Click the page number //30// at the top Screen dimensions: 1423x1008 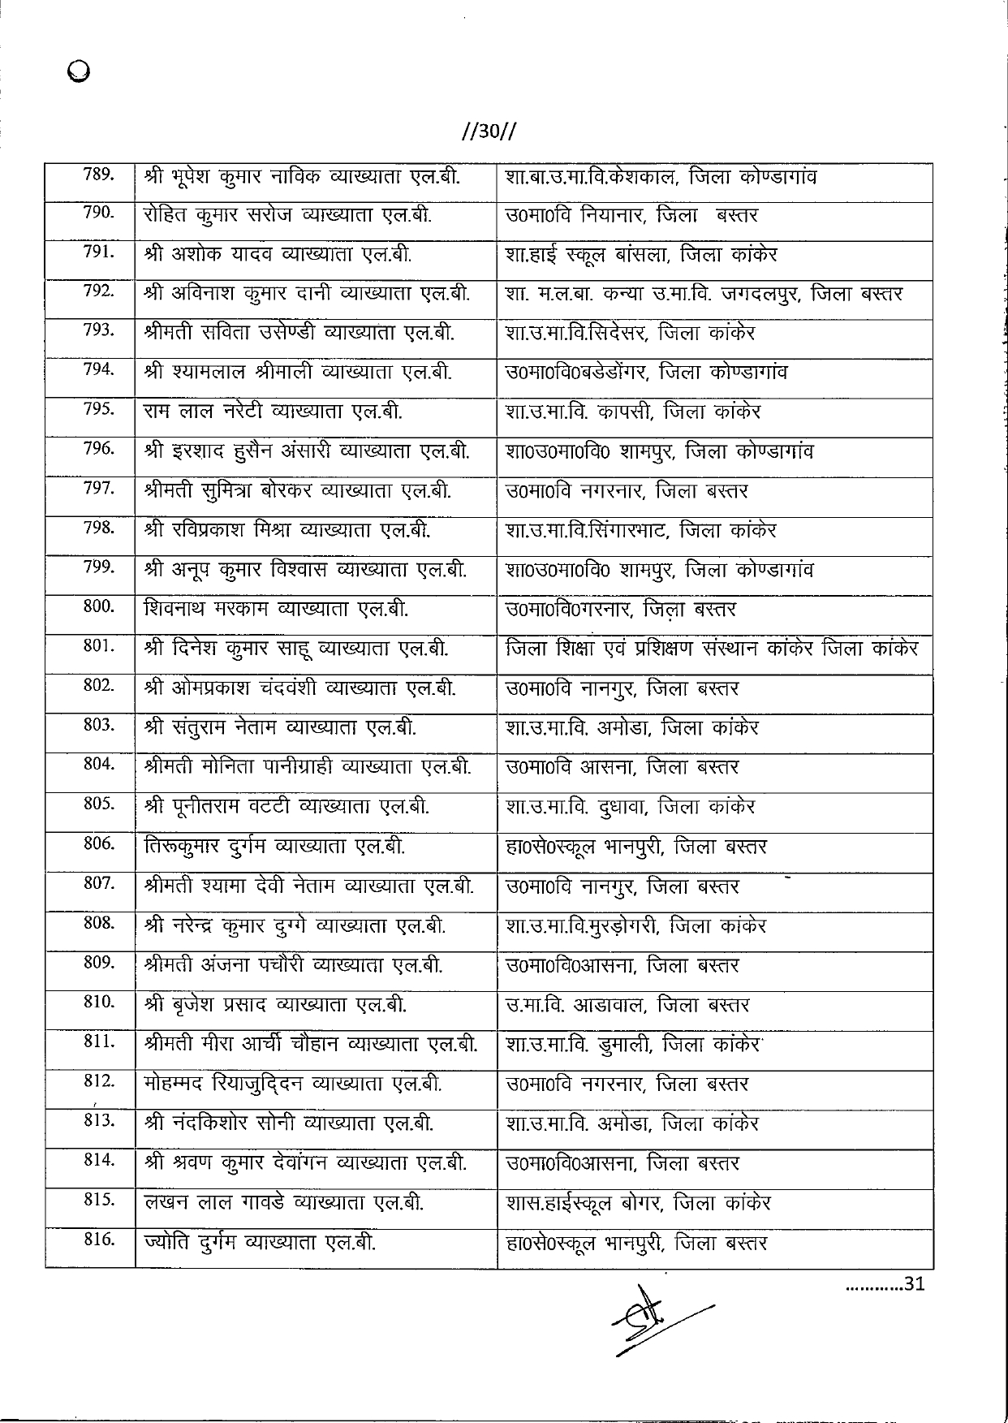pyautogui.click(x=489, y=132)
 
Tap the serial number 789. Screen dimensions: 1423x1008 pyautogui.click(x=98, y=174)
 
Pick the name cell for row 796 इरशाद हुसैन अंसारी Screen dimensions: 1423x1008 pyautogui.click(x=306, y=451)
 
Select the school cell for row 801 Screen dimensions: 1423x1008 pyautogui.click(x=711, y=649)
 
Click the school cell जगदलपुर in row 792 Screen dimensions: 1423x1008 pyautogui.click(x=703, y=294)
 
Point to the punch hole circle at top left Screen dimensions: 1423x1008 pyautogui.click(x=80, y=72)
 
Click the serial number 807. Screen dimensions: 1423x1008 pyautogui.click(x=98, y=882)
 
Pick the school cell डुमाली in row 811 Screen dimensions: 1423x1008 pyautogui.click(x=633, y=1045)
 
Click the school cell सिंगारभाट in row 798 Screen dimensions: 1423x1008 pyautogui.click(x=640, y=531)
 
